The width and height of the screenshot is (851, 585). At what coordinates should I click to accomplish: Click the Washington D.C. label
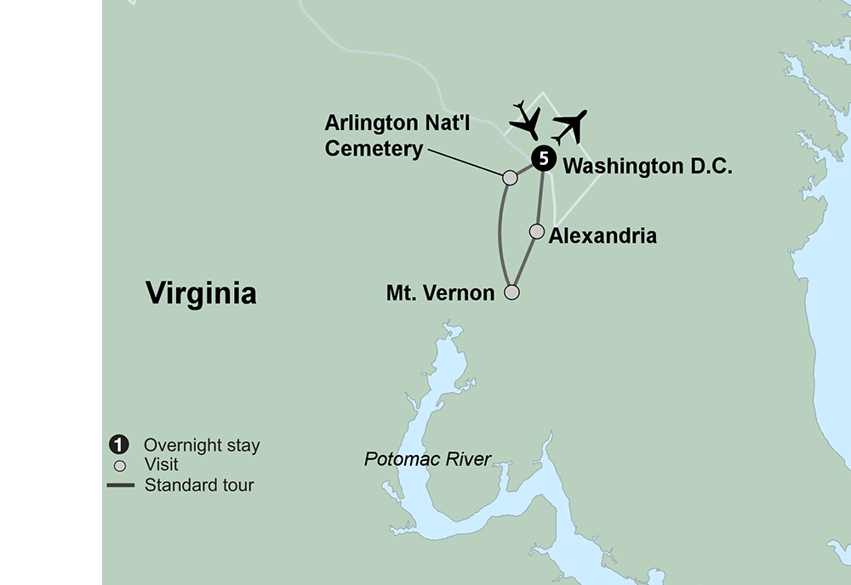point(647,167)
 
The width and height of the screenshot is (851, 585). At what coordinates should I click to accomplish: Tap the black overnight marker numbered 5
point(543,158)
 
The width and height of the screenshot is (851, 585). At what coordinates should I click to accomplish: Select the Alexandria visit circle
point(537,231)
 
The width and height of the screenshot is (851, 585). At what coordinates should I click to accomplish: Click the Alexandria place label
point(603,236)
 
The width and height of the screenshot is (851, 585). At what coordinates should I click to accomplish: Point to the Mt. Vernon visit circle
point(511,292)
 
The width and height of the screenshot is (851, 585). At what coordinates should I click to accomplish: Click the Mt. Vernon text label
point(440,293)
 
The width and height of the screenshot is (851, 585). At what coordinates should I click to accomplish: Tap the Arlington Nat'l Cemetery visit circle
point(510,178)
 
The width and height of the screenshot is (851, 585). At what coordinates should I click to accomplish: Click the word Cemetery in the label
point(374,150)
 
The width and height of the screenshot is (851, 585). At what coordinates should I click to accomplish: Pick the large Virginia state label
point(201,293)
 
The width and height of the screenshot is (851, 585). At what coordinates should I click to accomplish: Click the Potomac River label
point(427,459)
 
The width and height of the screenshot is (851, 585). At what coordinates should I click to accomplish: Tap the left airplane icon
point(526,121)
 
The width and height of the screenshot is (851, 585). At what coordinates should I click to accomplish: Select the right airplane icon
point(569,127)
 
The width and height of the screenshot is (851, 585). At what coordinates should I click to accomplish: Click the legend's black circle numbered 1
point(119,445)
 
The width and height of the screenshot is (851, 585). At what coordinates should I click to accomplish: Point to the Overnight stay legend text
point(202,446)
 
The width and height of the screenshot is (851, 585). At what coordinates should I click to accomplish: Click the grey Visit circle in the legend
point(120,466)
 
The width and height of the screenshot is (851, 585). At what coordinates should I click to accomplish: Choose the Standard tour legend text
point(199,486)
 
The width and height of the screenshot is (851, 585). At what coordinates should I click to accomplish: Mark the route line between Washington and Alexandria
point(540,197)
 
